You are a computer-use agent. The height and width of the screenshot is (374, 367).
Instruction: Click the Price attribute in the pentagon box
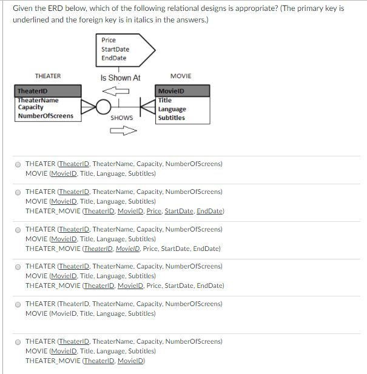109,40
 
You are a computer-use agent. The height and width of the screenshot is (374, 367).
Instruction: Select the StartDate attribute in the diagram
115,49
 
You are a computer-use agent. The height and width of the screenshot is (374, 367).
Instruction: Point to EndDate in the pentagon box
113,58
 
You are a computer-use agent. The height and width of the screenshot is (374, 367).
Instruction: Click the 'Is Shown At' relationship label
120,78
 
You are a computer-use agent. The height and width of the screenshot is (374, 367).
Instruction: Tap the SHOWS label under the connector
121,118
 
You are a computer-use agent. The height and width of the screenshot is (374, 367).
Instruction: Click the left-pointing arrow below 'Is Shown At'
120,91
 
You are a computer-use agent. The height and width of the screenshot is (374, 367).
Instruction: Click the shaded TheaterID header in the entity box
48,91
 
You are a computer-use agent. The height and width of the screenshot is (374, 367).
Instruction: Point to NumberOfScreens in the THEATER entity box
45,116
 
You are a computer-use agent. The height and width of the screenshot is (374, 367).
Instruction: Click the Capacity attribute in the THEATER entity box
30,107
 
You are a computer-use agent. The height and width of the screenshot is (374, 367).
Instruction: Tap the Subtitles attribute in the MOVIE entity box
171,118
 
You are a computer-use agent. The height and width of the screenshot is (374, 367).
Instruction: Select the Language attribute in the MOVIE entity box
172,109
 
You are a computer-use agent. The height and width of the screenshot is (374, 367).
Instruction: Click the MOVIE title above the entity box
181,76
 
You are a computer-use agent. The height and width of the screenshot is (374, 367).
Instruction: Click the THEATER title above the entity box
48,76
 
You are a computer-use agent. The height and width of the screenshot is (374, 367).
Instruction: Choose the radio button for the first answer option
18,164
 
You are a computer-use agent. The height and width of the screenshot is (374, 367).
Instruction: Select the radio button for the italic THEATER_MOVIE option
18,230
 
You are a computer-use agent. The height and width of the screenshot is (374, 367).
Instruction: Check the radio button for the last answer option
18,341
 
